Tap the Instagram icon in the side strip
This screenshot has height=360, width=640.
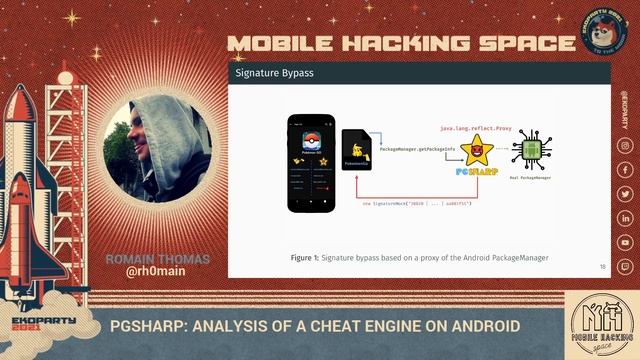pyautogui.click(x=624, y=146)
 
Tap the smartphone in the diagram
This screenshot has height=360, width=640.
pyautogui.click(x=308, y=163)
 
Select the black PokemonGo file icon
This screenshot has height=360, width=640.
pyautogui.click(x=357, y=155)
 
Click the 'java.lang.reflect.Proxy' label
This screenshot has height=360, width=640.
pyautogui.click(x=473, y=129)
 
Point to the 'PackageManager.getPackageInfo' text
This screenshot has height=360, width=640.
pyautogui.click(x=418, y=148)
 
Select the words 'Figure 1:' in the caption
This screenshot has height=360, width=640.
pyautogui.click(x=305, y=257)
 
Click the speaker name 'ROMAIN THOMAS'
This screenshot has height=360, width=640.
pyautogui.click(x=158, y=258)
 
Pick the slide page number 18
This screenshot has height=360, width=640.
pyautogui.click(x=603, y=266)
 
